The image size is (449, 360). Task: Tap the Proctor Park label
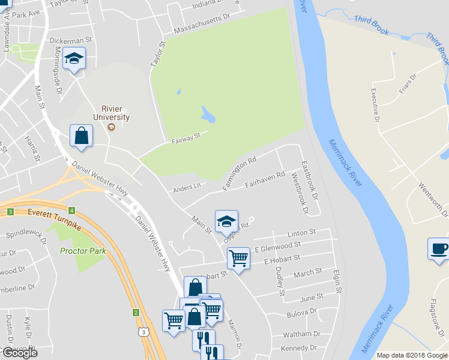pos(83,250)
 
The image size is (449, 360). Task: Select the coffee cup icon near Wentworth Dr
pos(439,249)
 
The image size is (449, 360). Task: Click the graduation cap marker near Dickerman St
pos(74,58)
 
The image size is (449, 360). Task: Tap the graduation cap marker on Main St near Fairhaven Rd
pos(226,221)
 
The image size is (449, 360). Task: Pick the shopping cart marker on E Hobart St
pos(239,259)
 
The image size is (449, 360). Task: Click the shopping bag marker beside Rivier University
pos(81,136)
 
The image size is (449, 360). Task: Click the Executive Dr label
pos(376,105)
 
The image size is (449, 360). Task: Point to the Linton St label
pos(301,232)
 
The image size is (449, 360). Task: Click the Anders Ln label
pos(186,188)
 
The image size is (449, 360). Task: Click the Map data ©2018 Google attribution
pos(412,355)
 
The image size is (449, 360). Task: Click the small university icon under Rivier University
pos(110,127)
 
